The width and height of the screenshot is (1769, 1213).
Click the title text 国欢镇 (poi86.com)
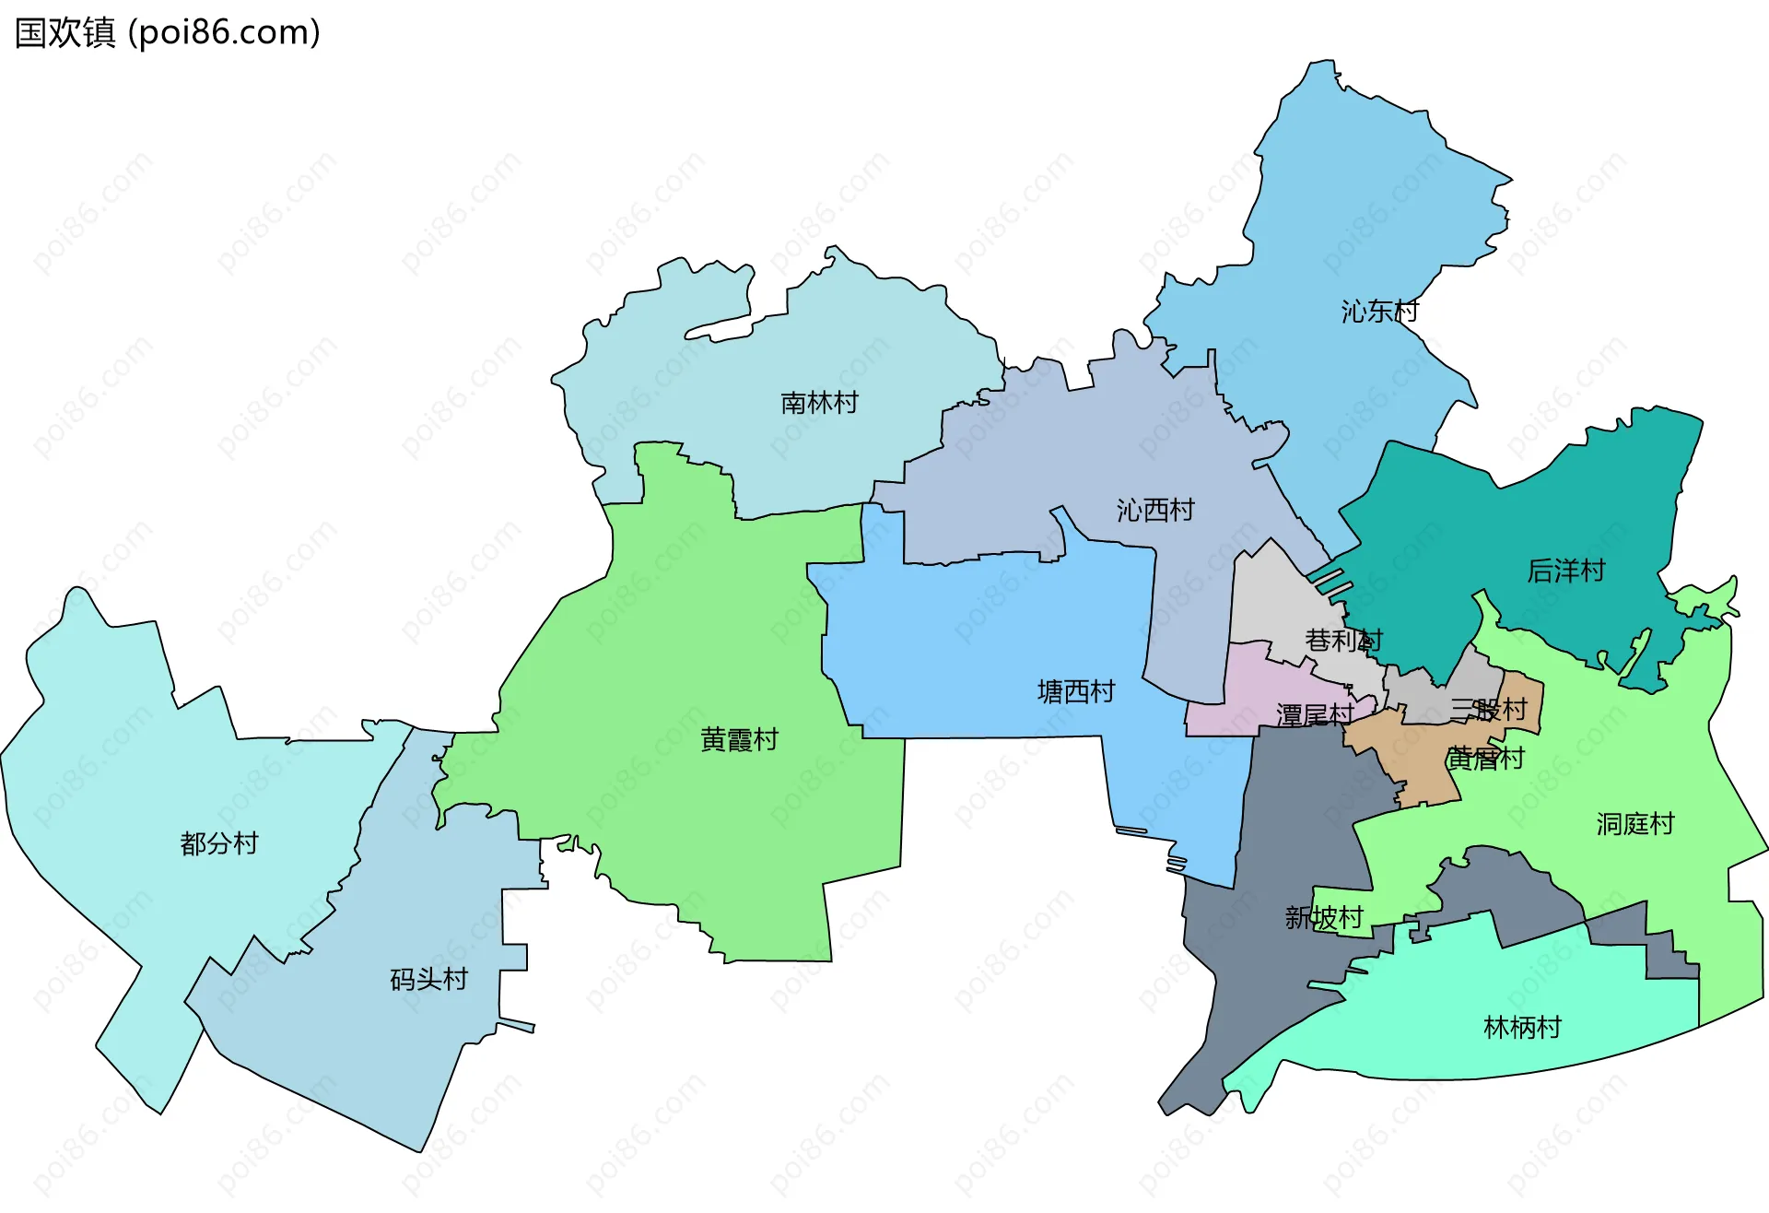(168, 32)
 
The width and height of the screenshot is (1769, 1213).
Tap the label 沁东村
(1379, 312)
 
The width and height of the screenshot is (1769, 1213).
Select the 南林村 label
(819, 403)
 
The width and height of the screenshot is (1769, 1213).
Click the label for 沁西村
(1155, 510)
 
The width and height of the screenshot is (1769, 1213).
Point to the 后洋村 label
(1565, 571)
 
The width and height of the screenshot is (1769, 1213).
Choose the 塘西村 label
(1076, 691)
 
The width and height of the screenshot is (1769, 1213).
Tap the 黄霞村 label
(739, 739)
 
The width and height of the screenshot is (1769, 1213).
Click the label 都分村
(219, 843)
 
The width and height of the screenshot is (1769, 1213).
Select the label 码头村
(428, 979)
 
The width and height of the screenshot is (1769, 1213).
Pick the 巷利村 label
(1343, 640)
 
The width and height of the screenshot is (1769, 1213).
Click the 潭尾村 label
(1315, 714)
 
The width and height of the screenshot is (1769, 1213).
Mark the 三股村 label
(1488, 709)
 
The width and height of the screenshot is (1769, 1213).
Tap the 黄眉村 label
(1485, 759)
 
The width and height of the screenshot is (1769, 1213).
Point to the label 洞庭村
(1634, 824)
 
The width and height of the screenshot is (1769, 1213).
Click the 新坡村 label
(1324, 917)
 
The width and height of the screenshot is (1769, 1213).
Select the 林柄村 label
(1522, 1027)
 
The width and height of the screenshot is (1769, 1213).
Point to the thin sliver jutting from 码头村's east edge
(517, 1026)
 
